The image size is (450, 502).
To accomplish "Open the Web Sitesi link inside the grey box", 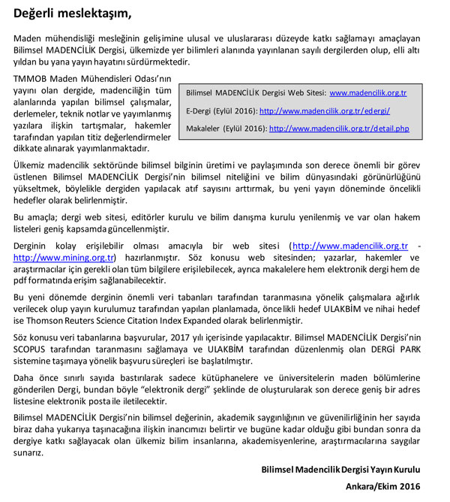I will [x=367, y=93].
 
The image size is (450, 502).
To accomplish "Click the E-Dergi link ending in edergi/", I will [x=324, y=110].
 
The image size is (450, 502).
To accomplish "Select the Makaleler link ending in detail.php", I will [x=339, y=129].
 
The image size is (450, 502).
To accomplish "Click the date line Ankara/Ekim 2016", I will [x=383, y=486].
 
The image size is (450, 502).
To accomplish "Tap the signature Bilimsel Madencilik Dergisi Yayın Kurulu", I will [x=341, y=469].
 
